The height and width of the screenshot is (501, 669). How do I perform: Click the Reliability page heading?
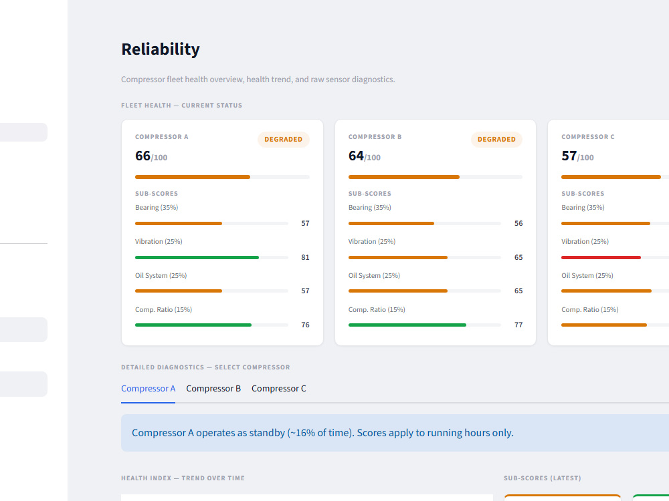(161, 49)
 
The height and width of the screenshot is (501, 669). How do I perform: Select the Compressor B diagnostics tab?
(213, 389)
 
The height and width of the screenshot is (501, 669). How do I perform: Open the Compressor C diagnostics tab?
(278, 389)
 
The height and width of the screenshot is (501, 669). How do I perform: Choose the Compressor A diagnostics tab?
(148, 389)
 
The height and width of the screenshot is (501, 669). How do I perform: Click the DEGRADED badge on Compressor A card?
(283, 140)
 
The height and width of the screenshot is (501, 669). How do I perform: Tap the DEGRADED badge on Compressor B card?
(496, 140)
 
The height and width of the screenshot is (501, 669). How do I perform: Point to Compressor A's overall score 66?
(143, 156)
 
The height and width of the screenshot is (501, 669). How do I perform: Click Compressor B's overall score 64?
(356, 156)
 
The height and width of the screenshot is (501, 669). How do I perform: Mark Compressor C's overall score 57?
(569, 156)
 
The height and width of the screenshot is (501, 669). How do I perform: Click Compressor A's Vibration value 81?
(305, 257)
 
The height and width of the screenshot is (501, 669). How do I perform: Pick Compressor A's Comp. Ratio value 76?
(305, 325)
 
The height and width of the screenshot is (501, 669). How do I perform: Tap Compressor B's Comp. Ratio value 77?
(518, 325)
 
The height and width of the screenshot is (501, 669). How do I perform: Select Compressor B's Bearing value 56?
(518, 223)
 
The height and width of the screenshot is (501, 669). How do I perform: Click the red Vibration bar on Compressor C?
(601, 257)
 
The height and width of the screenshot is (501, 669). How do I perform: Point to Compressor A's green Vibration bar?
(197, 257)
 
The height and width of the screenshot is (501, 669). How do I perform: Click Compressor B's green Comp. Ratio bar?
(407, 325)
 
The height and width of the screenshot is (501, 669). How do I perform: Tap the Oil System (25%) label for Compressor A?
(161, 276)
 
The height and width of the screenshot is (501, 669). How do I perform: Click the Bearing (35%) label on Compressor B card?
(370, 208)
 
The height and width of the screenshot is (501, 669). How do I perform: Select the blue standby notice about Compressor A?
(395, 433)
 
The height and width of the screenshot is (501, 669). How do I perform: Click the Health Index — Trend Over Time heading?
(183, 478)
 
